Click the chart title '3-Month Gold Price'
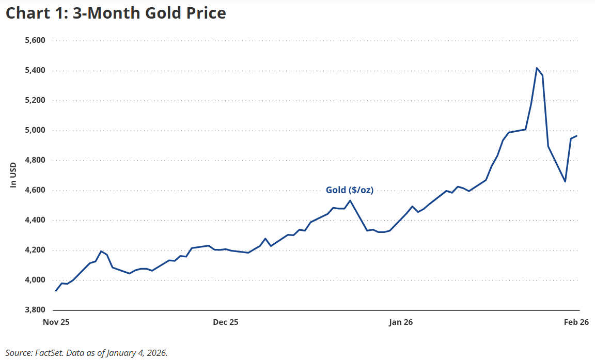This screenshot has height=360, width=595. click(116, 13)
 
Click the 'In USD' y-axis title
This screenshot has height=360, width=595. click(13, 175)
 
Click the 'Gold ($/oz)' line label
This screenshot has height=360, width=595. click(349, 190)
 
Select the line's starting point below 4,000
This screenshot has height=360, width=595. click(56, 291)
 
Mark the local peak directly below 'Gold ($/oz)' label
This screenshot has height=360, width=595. click(350, 200)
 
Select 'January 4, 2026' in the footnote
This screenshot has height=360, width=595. click(137, 353)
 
